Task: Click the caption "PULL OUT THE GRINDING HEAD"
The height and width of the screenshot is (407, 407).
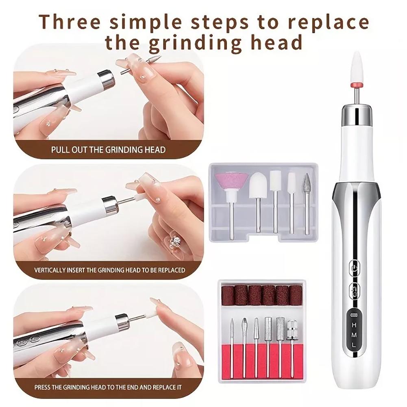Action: coord(108,150)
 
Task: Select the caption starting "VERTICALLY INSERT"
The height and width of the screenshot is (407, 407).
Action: coord(109,270)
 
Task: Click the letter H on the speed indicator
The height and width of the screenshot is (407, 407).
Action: coord(353,325)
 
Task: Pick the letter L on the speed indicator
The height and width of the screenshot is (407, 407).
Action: coord(353,345)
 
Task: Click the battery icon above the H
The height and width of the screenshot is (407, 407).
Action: coord(353,316)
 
